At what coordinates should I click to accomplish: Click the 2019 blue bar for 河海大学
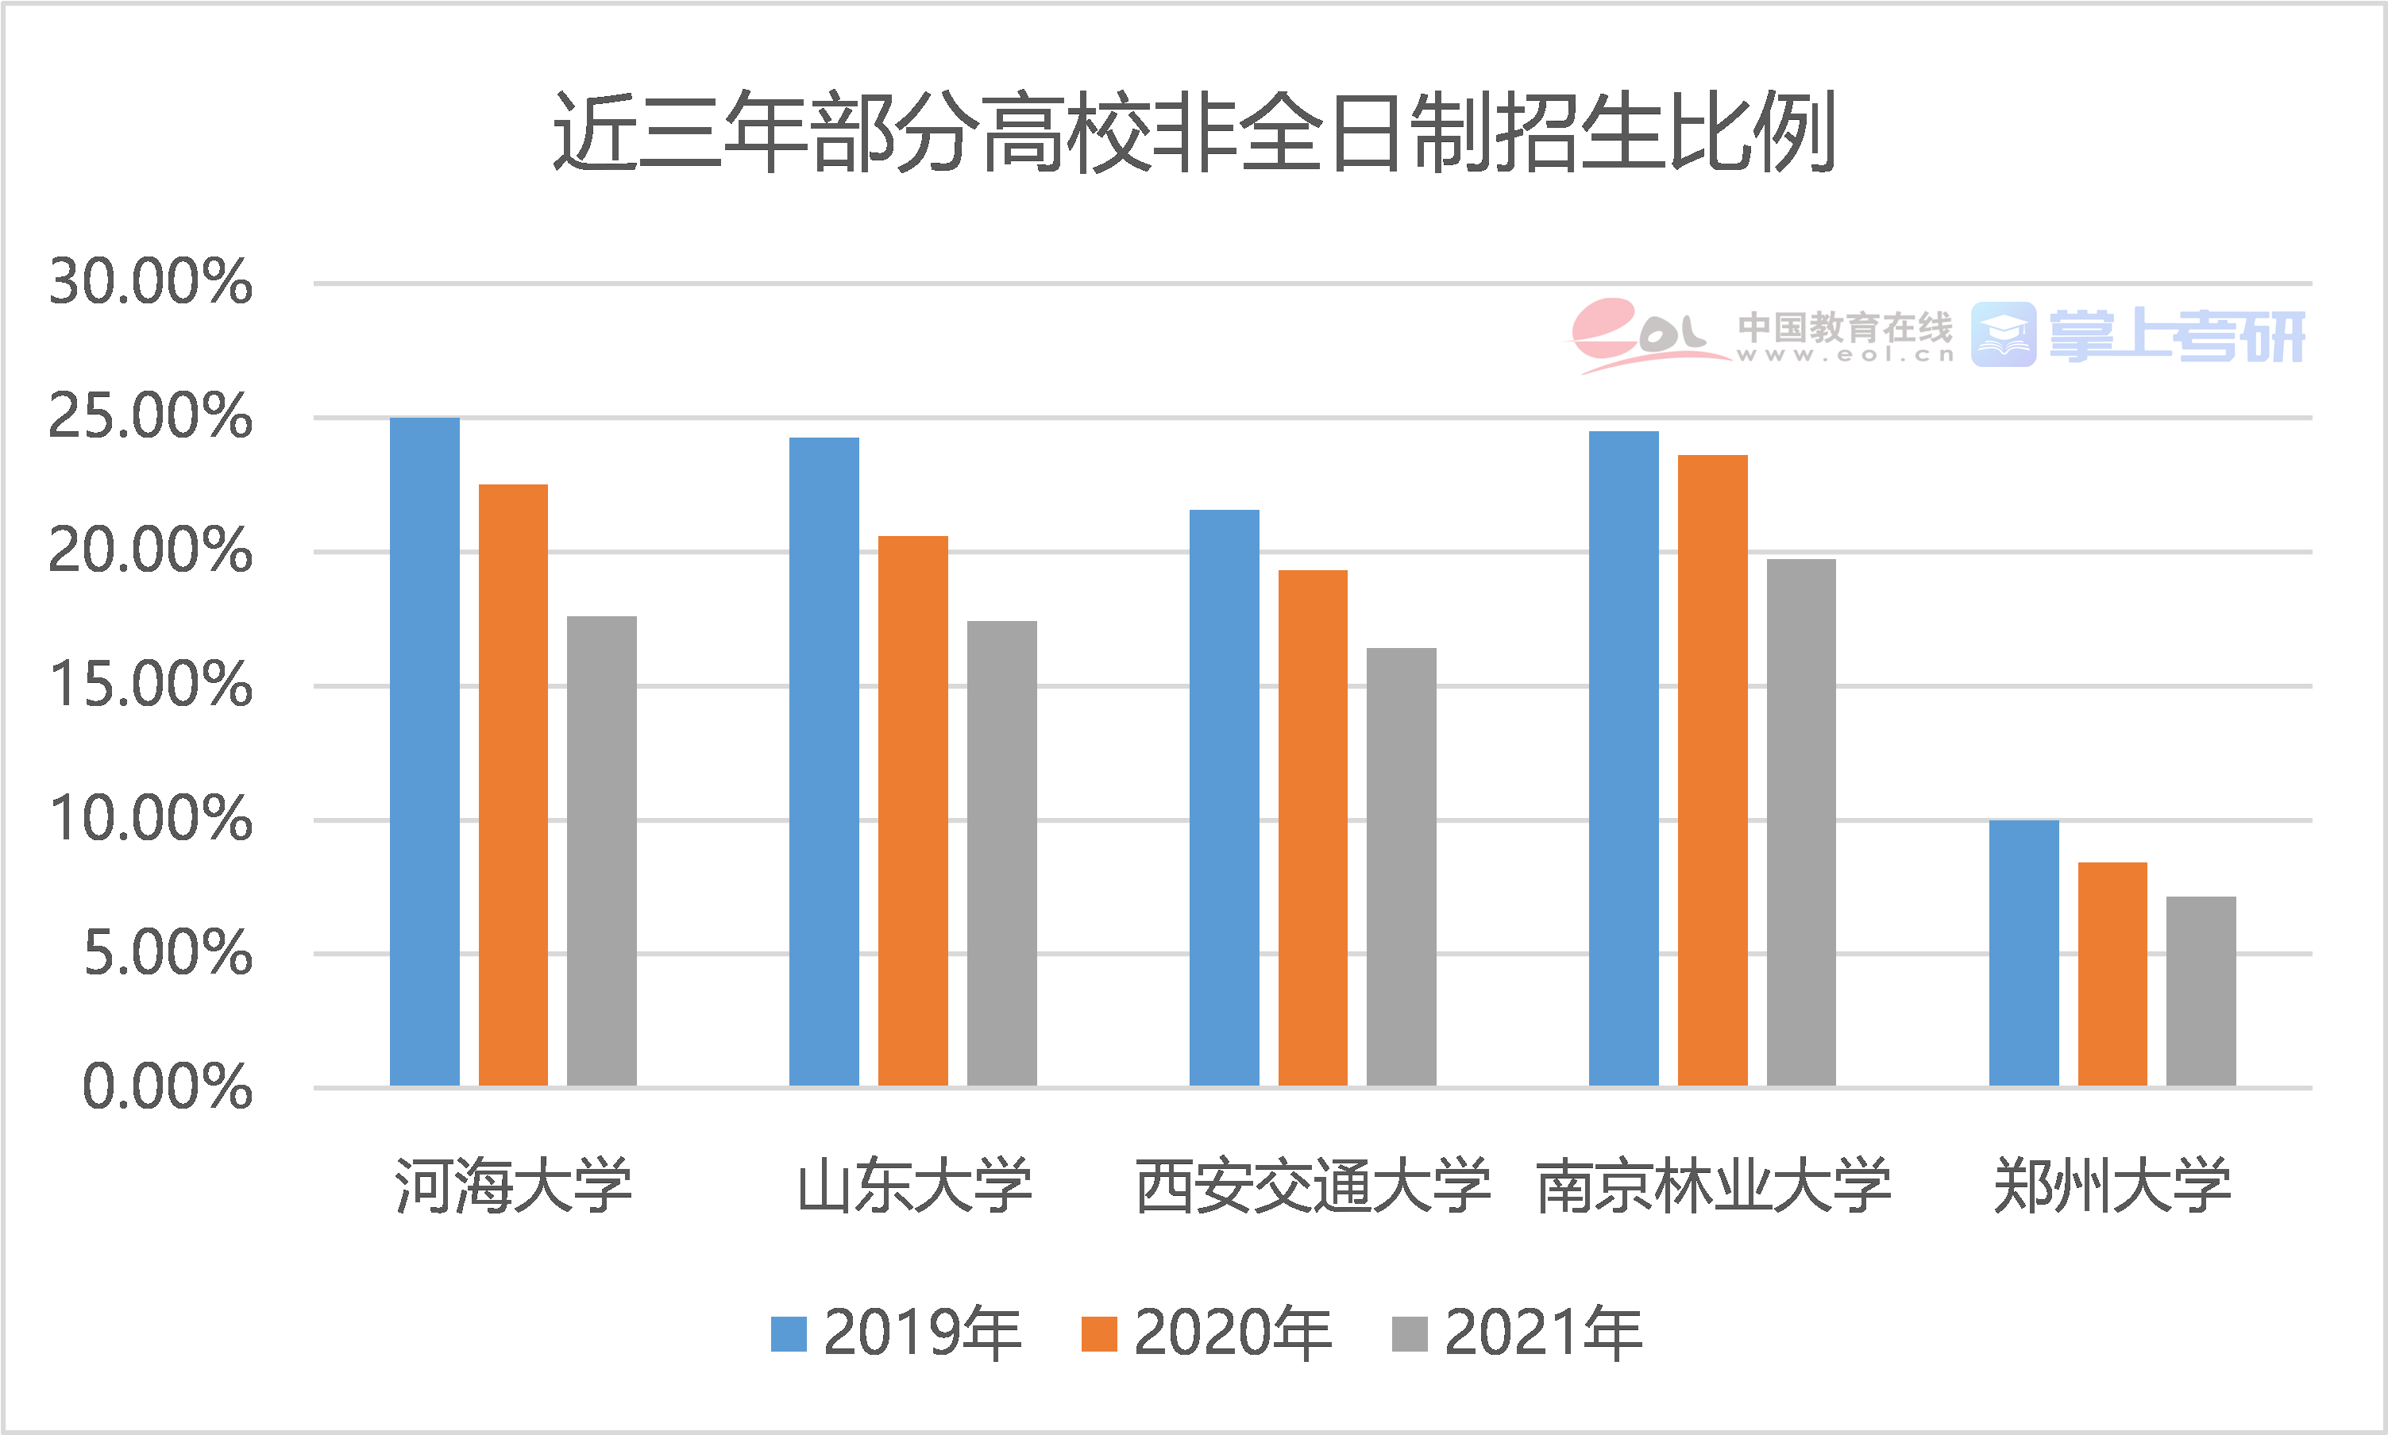[x=424, y=752]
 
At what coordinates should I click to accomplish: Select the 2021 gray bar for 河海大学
[x=601, y=851]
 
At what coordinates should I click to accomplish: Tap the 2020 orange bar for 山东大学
[x=912, y=810]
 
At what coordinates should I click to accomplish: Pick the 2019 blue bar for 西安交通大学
[x=1224, y=798]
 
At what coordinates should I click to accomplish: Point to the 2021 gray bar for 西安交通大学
[x=1401, y=866]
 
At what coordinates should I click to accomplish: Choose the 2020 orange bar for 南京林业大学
[x=1712, y=770]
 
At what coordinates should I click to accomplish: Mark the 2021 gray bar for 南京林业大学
[x=1801, y=823]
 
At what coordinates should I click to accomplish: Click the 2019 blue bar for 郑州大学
[x=2023, y=952]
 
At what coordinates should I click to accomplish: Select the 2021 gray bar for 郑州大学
[x=2201, y=991]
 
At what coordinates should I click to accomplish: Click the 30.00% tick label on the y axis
[x=151, y=283]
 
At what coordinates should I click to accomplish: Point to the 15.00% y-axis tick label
[x=151, y=685]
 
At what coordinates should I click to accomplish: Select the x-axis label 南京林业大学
[x=1712, y=1186]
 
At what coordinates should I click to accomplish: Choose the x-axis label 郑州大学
[x=2112, y=1186]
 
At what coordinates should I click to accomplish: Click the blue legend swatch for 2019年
[x=788, y=1334]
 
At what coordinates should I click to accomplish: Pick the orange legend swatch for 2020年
[x=1099, y=1334]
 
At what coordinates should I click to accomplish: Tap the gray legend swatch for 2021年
[x=1410, y=1334]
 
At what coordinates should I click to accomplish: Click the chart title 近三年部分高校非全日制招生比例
[x=1193, y=133]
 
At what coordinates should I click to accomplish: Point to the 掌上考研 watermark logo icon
[x=2003, y=334]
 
